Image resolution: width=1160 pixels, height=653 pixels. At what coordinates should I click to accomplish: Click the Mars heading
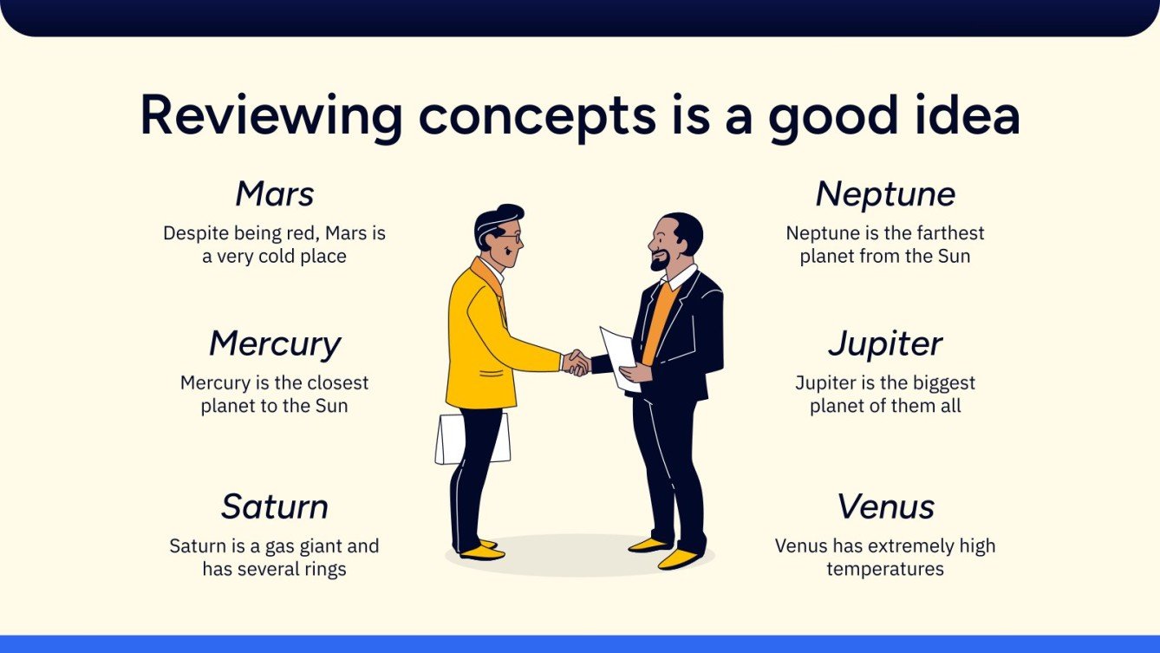point(275,194)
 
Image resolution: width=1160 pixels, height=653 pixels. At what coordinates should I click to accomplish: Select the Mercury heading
point(275,344)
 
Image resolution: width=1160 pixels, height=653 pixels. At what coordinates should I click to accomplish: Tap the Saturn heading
point(275,506)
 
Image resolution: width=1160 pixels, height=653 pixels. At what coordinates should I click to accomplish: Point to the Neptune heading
point(885,194)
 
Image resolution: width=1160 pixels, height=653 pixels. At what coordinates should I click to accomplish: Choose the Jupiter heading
point(885,344)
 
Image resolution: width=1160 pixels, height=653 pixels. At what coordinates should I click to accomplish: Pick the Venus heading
point(885,506)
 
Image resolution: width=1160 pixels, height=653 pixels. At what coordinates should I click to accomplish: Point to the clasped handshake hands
point(575,362)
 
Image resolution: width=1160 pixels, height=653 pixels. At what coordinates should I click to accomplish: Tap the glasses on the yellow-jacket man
point(510,235)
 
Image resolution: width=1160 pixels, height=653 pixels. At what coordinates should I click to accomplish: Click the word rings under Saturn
point(320,569)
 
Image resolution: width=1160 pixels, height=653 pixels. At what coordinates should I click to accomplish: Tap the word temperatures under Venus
point(885,569)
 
